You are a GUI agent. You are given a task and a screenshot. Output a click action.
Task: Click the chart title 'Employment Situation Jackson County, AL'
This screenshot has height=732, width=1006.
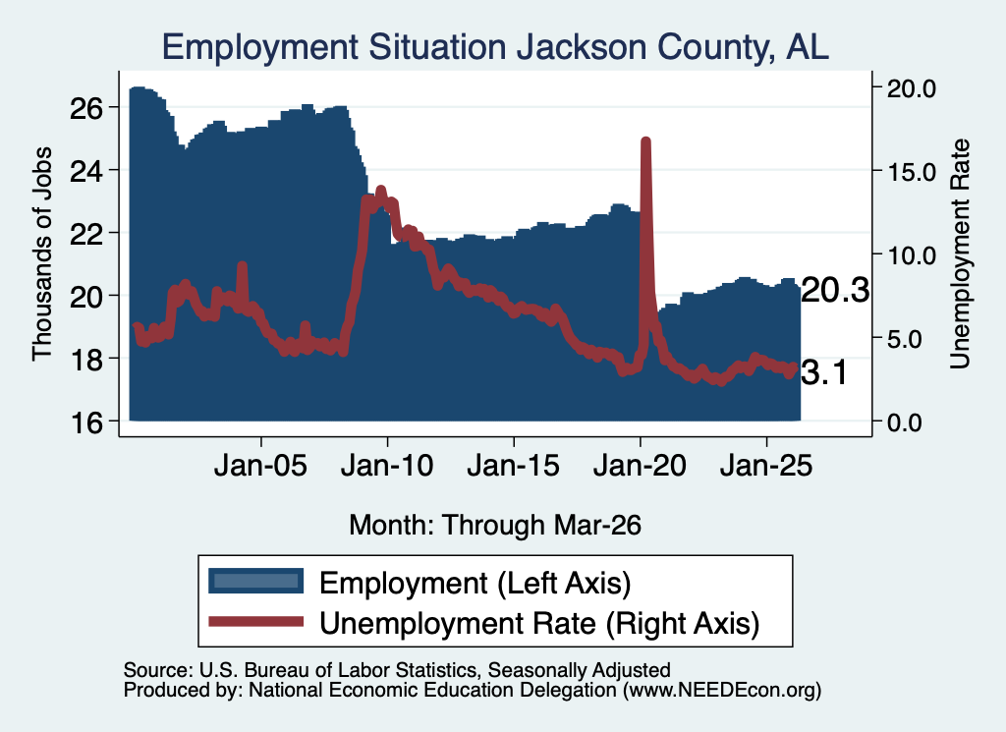[495, 47]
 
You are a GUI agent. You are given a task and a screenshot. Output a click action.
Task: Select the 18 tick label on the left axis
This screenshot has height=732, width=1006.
[85, 360]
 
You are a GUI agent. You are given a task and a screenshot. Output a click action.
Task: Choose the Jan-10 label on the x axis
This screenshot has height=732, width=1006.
[387, 465]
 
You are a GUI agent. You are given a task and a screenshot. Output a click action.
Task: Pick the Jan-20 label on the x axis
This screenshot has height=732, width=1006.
[640, 465]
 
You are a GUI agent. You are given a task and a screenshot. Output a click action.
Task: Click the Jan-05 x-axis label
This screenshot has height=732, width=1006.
[260, 465]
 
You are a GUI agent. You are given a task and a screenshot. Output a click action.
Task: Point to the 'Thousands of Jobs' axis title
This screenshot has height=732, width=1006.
[41, 254]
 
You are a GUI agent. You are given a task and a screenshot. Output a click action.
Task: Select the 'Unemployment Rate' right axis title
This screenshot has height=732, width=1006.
[960, 254]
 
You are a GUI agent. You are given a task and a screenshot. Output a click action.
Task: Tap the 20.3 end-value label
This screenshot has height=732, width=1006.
[835, 291]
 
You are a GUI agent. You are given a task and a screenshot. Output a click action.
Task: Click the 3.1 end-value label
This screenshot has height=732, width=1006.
[824, 372]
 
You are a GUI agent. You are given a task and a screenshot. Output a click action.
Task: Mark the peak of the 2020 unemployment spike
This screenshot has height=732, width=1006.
[645, 141]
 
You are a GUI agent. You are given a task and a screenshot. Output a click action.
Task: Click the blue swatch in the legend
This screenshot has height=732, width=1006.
[256, 581]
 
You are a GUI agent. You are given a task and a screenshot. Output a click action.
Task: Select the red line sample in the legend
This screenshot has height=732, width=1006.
[256, 621]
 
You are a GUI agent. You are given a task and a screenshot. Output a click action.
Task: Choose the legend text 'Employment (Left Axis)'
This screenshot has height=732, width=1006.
[475, 583]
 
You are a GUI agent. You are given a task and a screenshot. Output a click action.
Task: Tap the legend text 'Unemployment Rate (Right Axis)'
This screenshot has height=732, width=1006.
[539, 623]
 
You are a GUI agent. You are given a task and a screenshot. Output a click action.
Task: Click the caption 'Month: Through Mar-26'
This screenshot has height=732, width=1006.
[495, 525]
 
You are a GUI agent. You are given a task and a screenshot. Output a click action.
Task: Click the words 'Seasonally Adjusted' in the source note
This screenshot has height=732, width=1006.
[580, 670]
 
